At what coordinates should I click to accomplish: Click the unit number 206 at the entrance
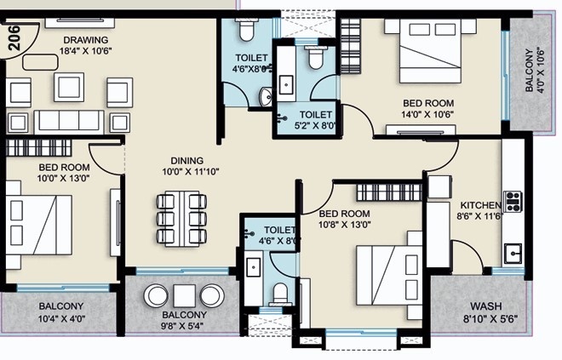(x=14, y=37)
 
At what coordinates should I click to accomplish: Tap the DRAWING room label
(x=86, y=40)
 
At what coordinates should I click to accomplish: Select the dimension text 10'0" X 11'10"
(x=191, y=172)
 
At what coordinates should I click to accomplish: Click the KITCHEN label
(x=480, y=205)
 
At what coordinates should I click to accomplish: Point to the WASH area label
(x=486, y=306)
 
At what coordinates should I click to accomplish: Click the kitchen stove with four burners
(x=513, y=202)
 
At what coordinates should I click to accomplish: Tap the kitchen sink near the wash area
(x=513, y=254)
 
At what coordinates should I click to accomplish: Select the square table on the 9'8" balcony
(x=184, y=296)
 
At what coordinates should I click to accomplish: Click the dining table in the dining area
(x=181, y=219)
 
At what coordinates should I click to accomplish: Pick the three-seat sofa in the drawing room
(x=69, y=122)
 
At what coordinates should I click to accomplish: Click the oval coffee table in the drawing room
(x=40, y=62)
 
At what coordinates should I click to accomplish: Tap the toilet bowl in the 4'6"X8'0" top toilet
(x=246, y=30)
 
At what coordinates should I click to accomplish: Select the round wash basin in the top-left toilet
(x=266, y=97)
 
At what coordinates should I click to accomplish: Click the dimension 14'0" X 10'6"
(x=428, y=115)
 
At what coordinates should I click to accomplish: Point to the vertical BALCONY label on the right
(x=529, y=70)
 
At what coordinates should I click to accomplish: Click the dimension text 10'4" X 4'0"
(x=61, y=318)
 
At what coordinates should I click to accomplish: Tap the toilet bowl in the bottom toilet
(x=280, y=294)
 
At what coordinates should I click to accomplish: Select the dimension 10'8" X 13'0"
(x=345, y=225)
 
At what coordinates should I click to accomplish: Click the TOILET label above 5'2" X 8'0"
(x=316, y=115)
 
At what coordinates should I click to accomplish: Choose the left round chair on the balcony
(x=157, y=296)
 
